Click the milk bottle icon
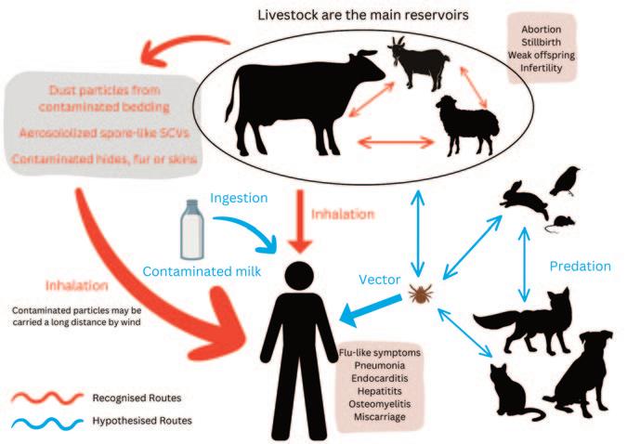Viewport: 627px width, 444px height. coord(190,231)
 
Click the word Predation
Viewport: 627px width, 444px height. coord(579,267)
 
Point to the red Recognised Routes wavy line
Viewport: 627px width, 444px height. coord(47,398)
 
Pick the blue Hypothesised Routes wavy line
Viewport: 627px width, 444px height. coord(47,422)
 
